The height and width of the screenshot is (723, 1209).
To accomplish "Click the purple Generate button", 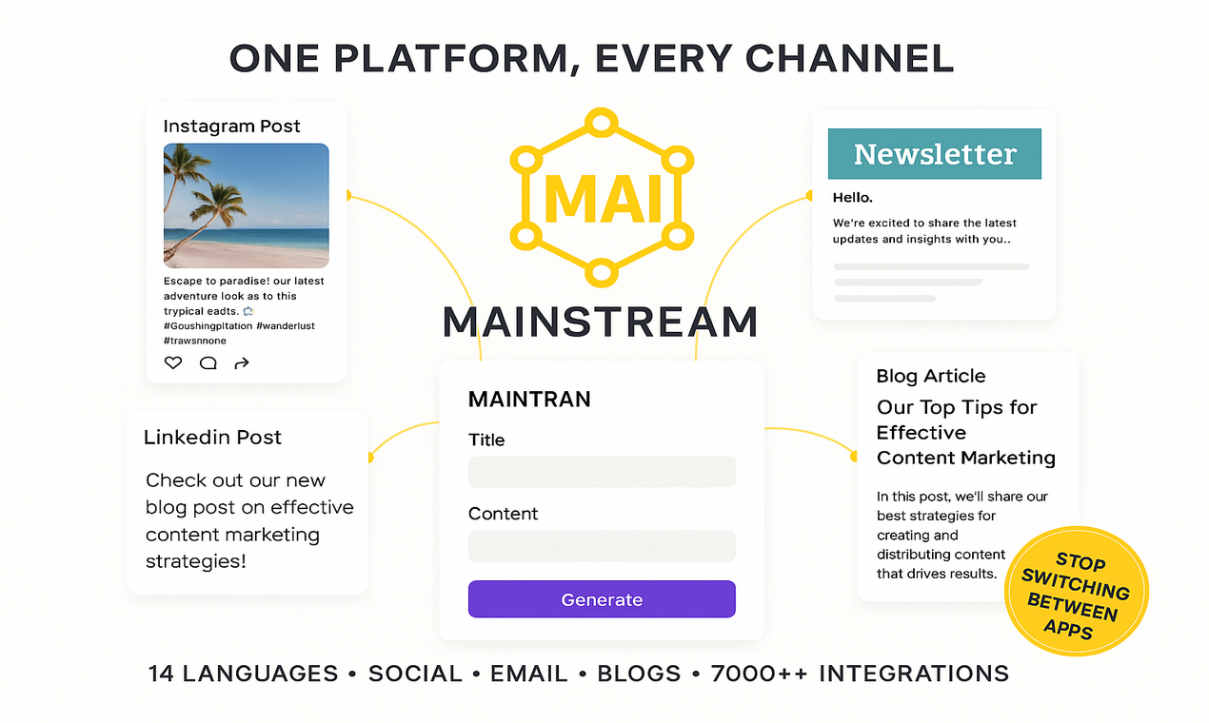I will [x=602, y=599].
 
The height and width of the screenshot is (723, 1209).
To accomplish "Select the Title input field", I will [x=602, y=472].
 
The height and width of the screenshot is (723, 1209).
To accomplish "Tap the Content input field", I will [x=602, y=546].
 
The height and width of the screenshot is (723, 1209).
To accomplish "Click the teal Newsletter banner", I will [x=934, y=154].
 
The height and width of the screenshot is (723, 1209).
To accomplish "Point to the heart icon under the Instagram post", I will [x=173, y=362].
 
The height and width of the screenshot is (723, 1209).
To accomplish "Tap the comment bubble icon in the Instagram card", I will [x=208, y=362].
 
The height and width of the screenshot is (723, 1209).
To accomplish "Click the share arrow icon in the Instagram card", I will [x=242, y=362].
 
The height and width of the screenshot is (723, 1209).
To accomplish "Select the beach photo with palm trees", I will [x=246, y=205].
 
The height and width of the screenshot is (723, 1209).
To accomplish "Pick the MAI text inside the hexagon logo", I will [x=601, y=197].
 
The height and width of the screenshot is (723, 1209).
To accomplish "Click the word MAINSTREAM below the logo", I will [x=601, y=322].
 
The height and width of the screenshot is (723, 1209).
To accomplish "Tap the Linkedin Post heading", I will [x=212, y=438].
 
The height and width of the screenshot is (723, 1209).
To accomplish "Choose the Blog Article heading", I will [x=930, y=376].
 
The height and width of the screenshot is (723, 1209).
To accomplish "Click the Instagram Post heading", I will [x=231, y=127].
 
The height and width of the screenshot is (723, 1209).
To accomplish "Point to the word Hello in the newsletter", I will [x=852, y=198].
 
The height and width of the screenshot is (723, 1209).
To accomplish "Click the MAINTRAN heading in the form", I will [x=529, y=400].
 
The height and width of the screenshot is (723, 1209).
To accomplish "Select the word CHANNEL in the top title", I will [x=849, y=59].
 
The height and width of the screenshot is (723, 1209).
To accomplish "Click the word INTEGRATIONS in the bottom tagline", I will [x=913, y=674].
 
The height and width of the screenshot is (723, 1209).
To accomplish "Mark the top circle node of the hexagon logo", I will [x=601, y=123].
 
